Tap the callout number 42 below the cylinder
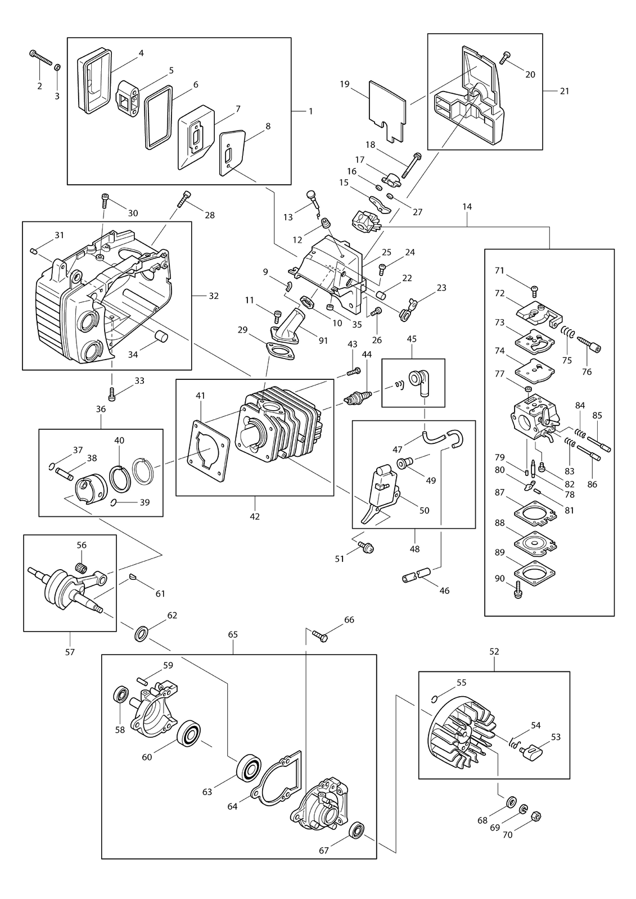255,516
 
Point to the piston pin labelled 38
64,474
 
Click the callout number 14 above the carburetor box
467,207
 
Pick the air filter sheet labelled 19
387,111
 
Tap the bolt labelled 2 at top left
41,58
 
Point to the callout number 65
233,634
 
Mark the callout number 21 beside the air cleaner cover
565,91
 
